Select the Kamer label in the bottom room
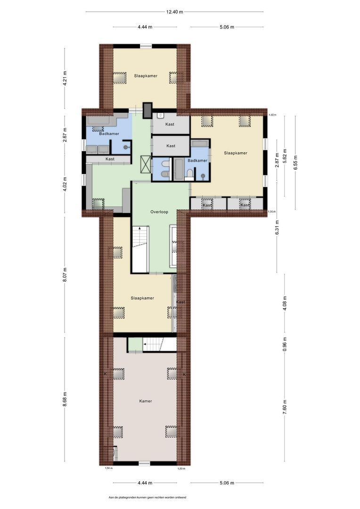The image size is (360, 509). (145, 401)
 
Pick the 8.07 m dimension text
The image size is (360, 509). (65, 274)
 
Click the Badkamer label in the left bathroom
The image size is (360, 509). (109, 134)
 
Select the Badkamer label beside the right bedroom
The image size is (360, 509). (197, 161)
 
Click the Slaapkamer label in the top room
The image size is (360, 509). (145, 75)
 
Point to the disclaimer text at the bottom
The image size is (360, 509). (147, 497)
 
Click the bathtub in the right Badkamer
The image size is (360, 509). (179, 169)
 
